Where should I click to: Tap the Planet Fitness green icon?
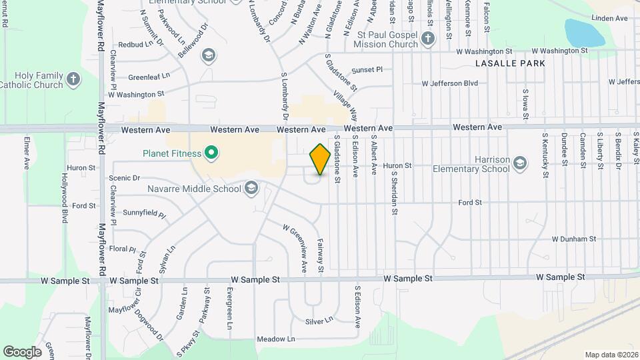[211, 154]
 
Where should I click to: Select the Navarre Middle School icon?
[251, 189]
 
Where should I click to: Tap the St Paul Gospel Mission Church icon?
[428, 40]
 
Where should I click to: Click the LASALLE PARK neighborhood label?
[511, 63]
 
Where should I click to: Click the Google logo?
[22, 351]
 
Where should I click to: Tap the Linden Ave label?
[609, 18]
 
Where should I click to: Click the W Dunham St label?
[574, 239]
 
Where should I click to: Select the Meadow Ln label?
[276, 339]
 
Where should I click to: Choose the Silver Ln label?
[319, 321]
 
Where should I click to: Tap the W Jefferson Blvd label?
[450, 83]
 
